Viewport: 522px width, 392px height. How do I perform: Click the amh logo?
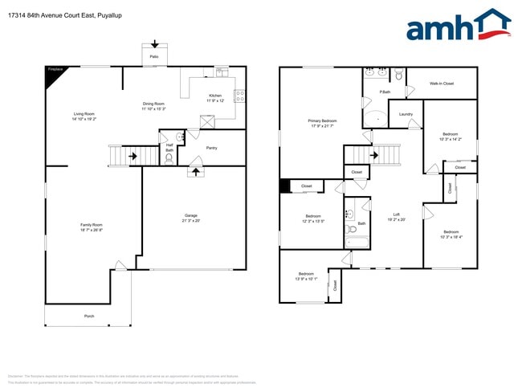coord(458,26)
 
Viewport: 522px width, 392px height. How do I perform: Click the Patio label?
coord(154,57)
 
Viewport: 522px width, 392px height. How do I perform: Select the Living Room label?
coord(84,114)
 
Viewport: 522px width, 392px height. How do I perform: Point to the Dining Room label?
coord(153,104)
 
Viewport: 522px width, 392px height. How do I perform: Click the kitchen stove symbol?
coord(239,96)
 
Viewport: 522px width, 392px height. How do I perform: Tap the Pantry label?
coord(211,148)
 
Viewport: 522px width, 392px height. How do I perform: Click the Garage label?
coord(191,215)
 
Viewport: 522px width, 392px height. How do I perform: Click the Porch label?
coord(89,316)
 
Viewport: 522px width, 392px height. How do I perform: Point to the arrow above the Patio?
coord(154,45)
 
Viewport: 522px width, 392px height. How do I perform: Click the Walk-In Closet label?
coord(442,84)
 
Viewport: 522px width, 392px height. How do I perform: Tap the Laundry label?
coord(406,114)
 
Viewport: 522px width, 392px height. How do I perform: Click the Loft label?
coord(396,214)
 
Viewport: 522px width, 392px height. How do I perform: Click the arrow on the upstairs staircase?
coord(374,155)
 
